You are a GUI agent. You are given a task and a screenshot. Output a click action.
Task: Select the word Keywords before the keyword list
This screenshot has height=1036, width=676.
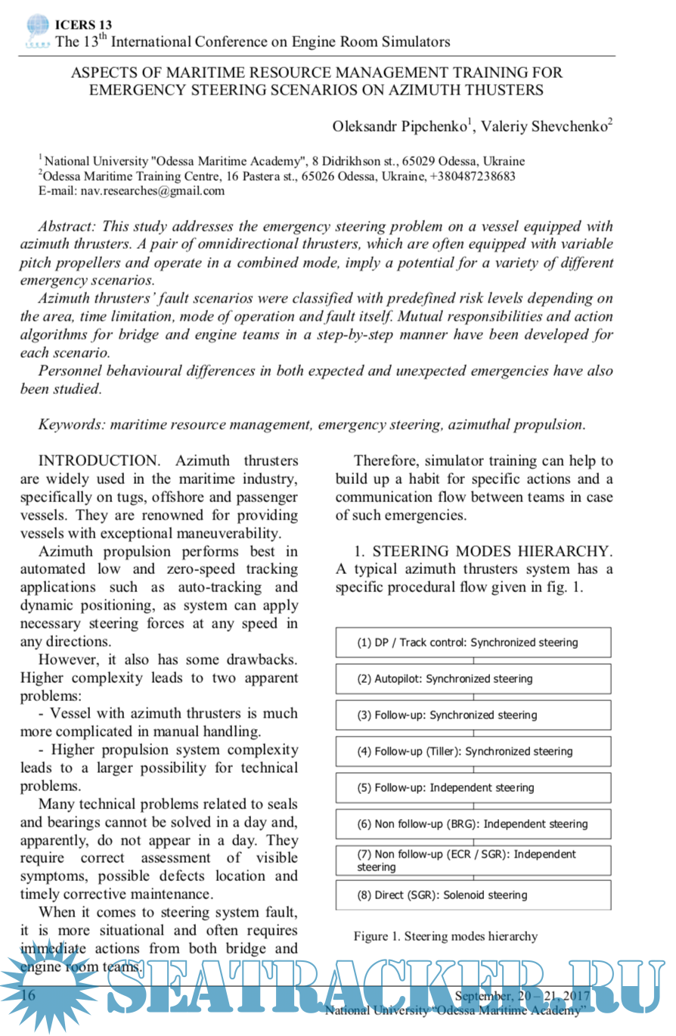(x=71, y=424)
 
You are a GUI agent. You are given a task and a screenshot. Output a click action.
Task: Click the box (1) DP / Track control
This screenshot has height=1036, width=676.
(x=473, y=643)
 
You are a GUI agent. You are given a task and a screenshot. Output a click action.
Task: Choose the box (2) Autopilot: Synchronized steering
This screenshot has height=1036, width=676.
(x=473, y=679)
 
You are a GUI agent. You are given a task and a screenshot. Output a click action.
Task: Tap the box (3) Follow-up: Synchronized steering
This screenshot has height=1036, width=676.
(x=473, y=715)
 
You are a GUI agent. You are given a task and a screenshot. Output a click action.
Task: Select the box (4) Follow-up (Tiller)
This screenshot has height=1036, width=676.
(x=473, y=752)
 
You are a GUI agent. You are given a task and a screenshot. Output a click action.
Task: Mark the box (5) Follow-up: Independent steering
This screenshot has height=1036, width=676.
(x=473, y=787)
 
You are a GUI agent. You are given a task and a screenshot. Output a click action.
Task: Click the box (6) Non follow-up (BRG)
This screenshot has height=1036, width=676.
(x=473, y=824)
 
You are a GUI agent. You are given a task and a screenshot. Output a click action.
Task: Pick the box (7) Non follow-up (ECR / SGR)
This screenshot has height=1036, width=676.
(x=473, y=860)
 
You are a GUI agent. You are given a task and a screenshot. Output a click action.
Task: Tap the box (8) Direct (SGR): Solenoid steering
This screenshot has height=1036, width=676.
(x=473, y=895)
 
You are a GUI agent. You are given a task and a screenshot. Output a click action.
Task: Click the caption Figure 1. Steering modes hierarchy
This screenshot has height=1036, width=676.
(x=445, y=936)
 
